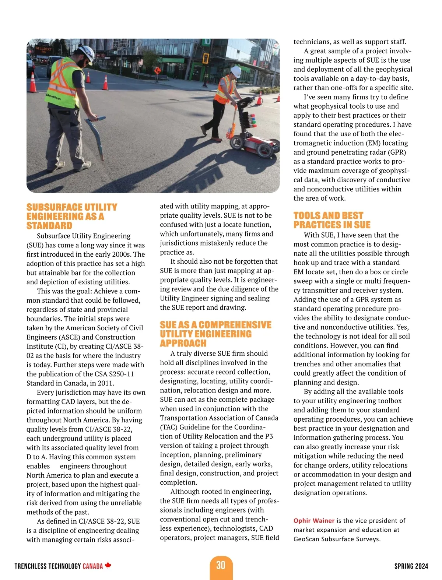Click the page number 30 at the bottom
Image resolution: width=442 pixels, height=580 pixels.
(221, 565)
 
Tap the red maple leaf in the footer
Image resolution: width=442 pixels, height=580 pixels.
(108, 565)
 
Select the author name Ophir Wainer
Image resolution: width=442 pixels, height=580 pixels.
(314, 521)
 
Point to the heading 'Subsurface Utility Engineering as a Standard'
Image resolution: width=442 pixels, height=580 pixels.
(72, 217)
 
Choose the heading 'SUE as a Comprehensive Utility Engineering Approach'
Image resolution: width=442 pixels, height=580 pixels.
(215, 334)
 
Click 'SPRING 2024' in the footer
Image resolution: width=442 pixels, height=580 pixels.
(411, 566)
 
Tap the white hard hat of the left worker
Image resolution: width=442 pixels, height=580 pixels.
(86, 53)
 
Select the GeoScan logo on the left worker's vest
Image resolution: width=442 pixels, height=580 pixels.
(53, 97)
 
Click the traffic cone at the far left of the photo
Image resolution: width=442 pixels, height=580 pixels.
(33, 82)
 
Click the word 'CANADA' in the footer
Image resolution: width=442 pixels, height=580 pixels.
(93, 566)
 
